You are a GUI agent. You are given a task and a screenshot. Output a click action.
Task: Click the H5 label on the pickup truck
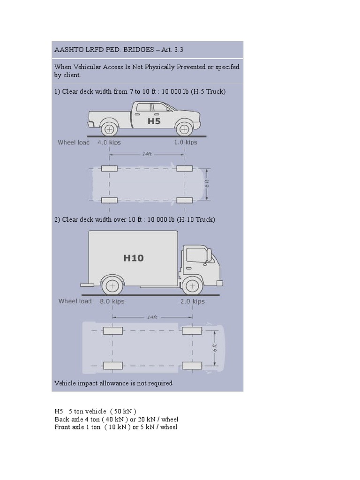(154, 121)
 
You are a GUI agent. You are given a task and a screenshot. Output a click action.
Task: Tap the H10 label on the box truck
(134, 258)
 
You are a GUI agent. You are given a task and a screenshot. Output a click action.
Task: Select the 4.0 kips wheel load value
(109, 142)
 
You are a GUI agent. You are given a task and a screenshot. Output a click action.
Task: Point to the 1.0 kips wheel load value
(186, 142)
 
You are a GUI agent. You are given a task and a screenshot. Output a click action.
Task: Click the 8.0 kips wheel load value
(112, 301)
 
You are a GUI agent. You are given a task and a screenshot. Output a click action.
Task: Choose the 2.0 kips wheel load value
(193, 301)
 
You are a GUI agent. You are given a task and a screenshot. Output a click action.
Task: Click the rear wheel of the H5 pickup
(109, 128)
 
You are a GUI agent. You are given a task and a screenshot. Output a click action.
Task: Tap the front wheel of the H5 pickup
(185, 128)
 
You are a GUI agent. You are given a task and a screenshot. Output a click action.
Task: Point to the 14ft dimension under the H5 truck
(147, 153)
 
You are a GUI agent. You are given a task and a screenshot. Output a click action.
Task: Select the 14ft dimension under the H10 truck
(152, 317)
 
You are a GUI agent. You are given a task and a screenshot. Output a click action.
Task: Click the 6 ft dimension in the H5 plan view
(206, 184)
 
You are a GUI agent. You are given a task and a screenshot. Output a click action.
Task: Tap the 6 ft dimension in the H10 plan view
(214, 348)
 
